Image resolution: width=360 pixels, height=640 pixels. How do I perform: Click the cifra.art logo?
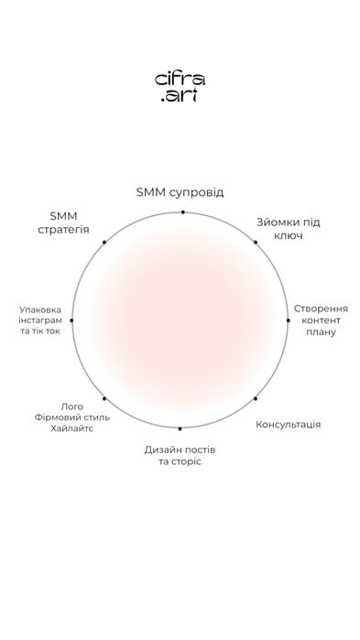(180, 87)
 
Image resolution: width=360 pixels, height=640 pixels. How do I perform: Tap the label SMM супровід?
(180, 192)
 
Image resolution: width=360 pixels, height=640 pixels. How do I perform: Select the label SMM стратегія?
(63, 222)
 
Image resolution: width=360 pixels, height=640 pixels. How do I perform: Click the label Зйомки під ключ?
(289, 229)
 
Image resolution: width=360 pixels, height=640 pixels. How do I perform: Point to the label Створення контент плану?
(321, 320)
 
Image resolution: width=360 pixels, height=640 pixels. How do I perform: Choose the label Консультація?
(289, 425)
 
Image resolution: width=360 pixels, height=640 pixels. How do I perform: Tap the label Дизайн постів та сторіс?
(180, 456)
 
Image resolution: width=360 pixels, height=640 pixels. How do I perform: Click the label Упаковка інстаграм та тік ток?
(40, 320)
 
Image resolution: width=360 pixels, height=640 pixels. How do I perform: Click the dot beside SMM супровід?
(183, 212)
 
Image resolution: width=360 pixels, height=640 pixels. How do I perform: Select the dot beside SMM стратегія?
(104, 243)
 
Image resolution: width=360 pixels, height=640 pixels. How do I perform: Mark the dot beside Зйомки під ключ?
(256, 243)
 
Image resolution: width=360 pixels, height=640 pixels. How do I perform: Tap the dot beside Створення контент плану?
(289, 320)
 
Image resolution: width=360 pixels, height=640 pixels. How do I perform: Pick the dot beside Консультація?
(256, 398)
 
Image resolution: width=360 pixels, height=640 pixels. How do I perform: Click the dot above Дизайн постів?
(180, 428)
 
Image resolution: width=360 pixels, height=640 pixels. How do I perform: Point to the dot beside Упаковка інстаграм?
(71, 320)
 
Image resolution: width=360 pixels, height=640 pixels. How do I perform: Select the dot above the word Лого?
(104, 398)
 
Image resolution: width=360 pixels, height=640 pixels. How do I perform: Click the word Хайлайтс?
(72, 429)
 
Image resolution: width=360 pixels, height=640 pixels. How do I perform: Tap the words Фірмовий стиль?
(71, 418)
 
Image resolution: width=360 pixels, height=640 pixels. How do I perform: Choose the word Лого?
(71, 407)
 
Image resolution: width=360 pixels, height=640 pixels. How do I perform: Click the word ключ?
(289, 236)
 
